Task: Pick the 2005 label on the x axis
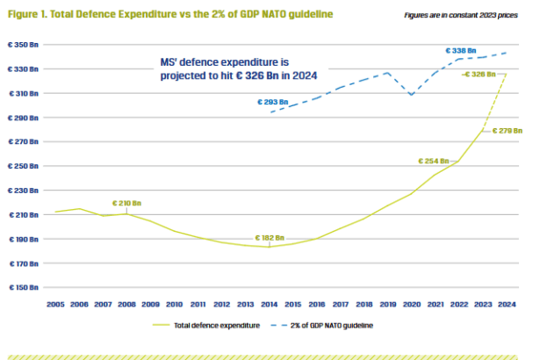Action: [x=56, y=303]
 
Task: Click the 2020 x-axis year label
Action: [x=410, y=303]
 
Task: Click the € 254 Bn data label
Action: [x=433, y=162]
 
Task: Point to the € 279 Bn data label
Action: [x=508, y=130]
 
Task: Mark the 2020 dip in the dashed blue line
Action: [x=411, y=94]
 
